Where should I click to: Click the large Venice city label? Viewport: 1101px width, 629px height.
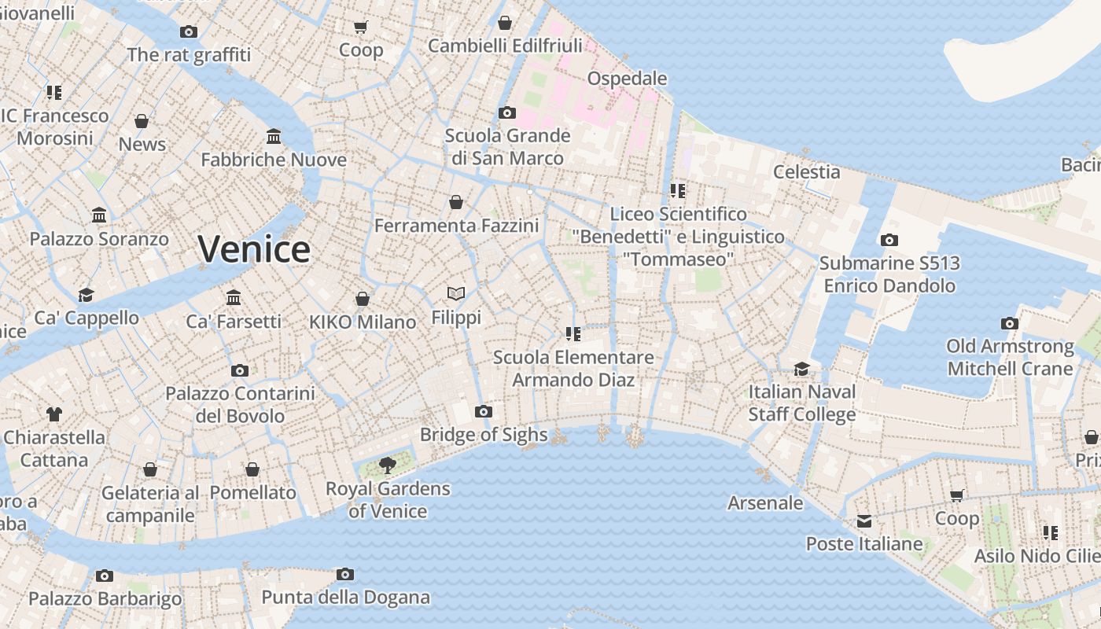pos(254,249)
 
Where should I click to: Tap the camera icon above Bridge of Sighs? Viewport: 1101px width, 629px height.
pos(484,411)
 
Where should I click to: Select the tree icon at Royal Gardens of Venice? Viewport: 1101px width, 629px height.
pos(387,465)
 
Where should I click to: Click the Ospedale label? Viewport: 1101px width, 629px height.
pos(627,79)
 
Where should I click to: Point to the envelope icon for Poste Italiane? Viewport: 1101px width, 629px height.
pos(864,520)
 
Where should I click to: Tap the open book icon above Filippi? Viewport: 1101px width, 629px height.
pos(456,294)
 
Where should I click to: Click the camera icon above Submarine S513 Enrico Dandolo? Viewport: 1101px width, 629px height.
pos(889,240)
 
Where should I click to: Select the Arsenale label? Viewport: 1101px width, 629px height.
pos(765,503)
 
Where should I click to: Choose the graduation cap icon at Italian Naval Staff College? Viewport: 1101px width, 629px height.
pos(801,369)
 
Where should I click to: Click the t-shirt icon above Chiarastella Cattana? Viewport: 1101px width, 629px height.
pos(53,414)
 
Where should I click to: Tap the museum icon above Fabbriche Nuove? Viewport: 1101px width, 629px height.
pos(274,137)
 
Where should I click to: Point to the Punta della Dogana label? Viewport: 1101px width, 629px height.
pos(345,598)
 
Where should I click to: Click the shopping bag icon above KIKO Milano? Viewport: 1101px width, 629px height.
pos(363,299)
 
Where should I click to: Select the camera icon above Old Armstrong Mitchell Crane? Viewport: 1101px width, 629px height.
pos(1010,323)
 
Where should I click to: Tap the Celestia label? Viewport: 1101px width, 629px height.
pos(806,171)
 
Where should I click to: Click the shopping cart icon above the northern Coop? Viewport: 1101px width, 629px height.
pos(361,28)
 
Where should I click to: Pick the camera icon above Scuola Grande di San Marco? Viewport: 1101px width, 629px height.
pos(507,112)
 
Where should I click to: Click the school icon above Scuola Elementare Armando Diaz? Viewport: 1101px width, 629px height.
pos(573,334)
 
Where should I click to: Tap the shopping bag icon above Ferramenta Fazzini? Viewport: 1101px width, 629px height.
pos(456,203)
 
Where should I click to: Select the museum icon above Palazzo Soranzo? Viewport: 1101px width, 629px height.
pos(99,215)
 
